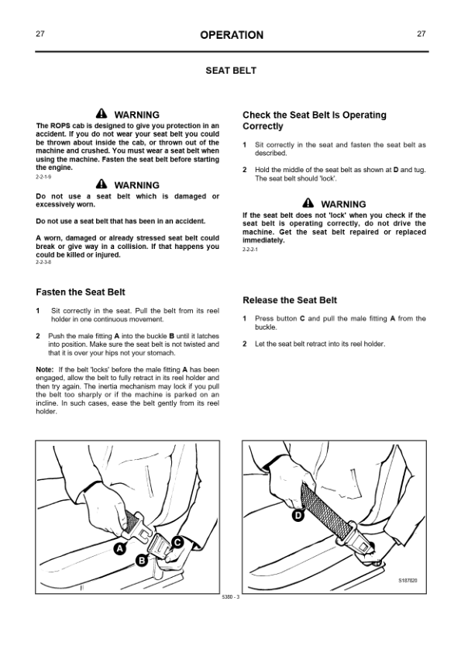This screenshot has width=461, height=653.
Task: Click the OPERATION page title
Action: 232,35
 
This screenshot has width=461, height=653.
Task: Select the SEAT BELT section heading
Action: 231,71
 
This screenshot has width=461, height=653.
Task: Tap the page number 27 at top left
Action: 40,33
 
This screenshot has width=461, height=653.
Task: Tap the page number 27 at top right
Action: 421,33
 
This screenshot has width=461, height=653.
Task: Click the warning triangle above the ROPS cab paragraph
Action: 101,114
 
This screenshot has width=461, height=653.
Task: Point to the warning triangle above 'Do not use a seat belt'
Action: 101,184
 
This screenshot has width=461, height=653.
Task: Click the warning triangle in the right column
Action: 308,203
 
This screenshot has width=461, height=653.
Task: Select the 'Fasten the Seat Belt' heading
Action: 81,292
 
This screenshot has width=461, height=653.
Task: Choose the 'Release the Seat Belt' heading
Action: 290,300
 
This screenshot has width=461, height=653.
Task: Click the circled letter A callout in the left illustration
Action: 119,549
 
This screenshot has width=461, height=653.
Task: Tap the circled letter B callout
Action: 142,561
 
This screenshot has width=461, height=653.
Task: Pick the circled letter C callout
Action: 177,542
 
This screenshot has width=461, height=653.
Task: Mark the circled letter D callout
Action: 298,516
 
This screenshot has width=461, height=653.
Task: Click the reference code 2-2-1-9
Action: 43,177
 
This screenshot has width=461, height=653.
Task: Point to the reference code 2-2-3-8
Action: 43,262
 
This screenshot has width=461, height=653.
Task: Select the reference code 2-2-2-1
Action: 250,250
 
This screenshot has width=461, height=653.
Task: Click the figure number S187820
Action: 408,581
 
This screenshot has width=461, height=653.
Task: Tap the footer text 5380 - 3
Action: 231,597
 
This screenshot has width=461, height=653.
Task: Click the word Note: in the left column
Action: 44,369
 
